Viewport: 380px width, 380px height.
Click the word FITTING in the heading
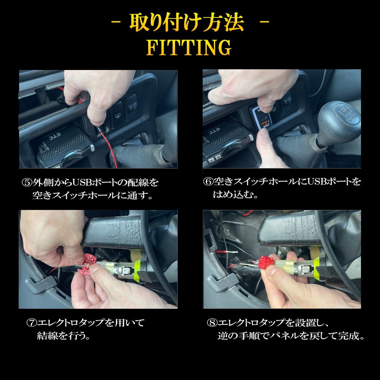tap(189, 47)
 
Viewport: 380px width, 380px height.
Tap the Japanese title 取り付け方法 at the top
tap(187, 23)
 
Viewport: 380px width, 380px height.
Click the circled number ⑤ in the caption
tap(27, 183)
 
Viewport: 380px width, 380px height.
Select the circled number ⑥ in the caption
tap(208, 182)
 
